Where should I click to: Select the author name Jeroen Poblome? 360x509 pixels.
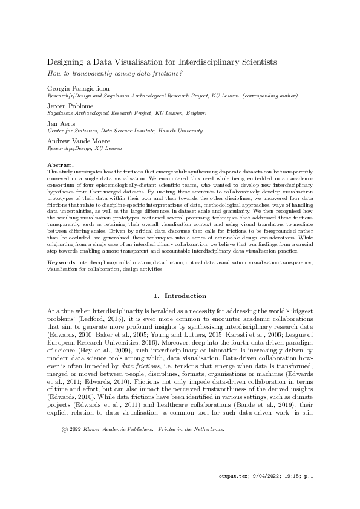tap(67, 106)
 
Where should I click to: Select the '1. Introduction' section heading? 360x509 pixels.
tap(180, 296)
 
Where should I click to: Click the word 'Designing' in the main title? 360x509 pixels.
tap(68, 62)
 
